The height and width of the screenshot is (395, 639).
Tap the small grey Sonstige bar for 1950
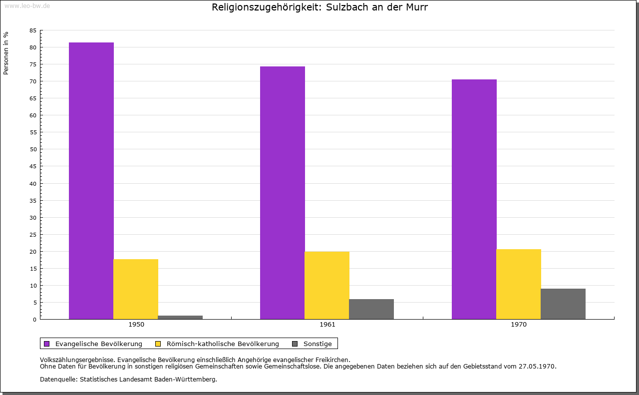(180, 317)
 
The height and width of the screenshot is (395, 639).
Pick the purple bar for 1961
(283, 193)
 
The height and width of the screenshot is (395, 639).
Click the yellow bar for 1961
(327, 285)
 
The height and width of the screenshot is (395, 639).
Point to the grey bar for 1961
(371, 309)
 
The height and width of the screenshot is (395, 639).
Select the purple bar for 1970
(474, 199)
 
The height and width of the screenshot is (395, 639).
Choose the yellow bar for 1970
(519, 284)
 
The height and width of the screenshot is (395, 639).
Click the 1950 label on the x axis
(136, 325)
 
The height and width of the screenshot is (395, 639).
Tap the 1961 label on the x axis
(327, 325)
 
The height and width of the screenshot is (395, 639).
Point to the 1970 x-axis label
(519, 325)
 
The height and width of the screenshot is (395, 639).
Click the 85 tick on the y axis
(33, 30)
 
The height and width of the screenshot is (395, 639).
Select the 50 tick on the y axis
(33, 149)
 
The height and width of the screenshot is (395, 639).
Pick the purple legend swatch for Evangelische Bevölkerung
(47, 344)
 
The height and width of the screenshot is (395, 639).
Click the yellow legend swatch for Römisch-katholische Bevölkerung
(158, 344)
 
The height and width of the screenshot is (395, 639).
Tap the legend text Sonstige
(318, 344)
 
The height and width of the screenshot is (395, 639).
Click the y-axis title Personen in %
(6, 53)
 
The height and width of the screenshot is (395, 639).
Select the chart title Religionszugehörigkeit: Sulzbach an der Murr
(319, 7)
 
